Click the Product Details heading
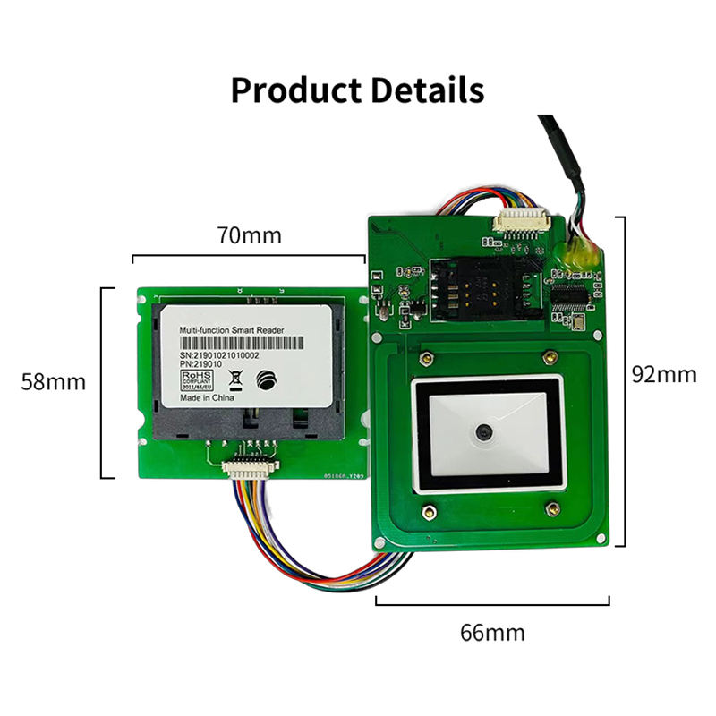(x=357, y=90)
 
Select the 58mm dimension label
(x=54, y=381)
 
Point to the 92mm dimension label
(x=663, y=373)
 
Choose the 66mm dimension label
(x=492, y=632)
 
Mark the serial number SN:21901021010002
(x=219, y=356)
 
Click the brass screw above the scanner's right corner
(x=546, y=358)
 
